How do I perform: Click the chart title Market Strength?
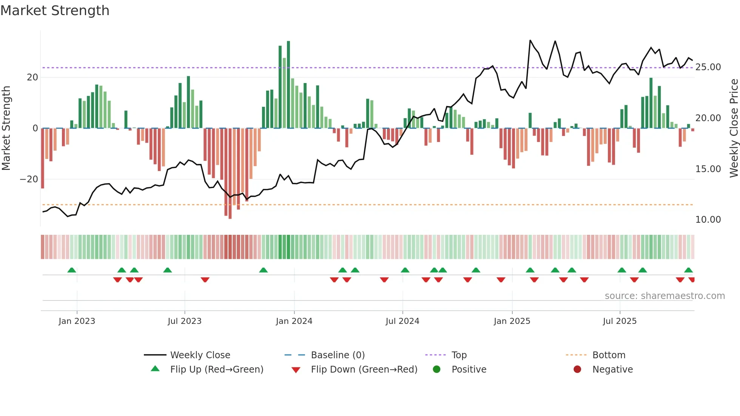(x=55, y=11)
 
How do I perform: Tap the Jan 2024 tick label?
(x=294, y=321)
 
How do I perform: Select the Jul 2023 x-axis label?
(x=185, y=321)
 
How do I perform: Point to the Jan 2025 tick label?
(x=512, y=321)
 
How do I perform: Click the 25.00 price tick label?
(x=708, y=67)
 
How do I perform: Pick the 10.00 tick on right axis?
(x=708, y=220)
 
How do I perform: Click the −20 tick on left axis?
(x=29, y=179)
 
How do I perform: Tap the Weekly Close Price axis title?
(x=734, y=128)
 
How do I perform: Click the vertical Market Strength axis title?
(x=6, y=128)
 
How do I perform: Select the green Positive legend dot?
(x=437, y=370)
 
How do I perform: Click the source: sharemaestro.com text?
(x=664, y=296)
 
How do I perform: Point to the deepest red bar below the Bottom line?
(x=230, y=174)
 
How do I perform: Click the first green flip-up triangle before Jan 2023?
(x=72, y=270)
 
